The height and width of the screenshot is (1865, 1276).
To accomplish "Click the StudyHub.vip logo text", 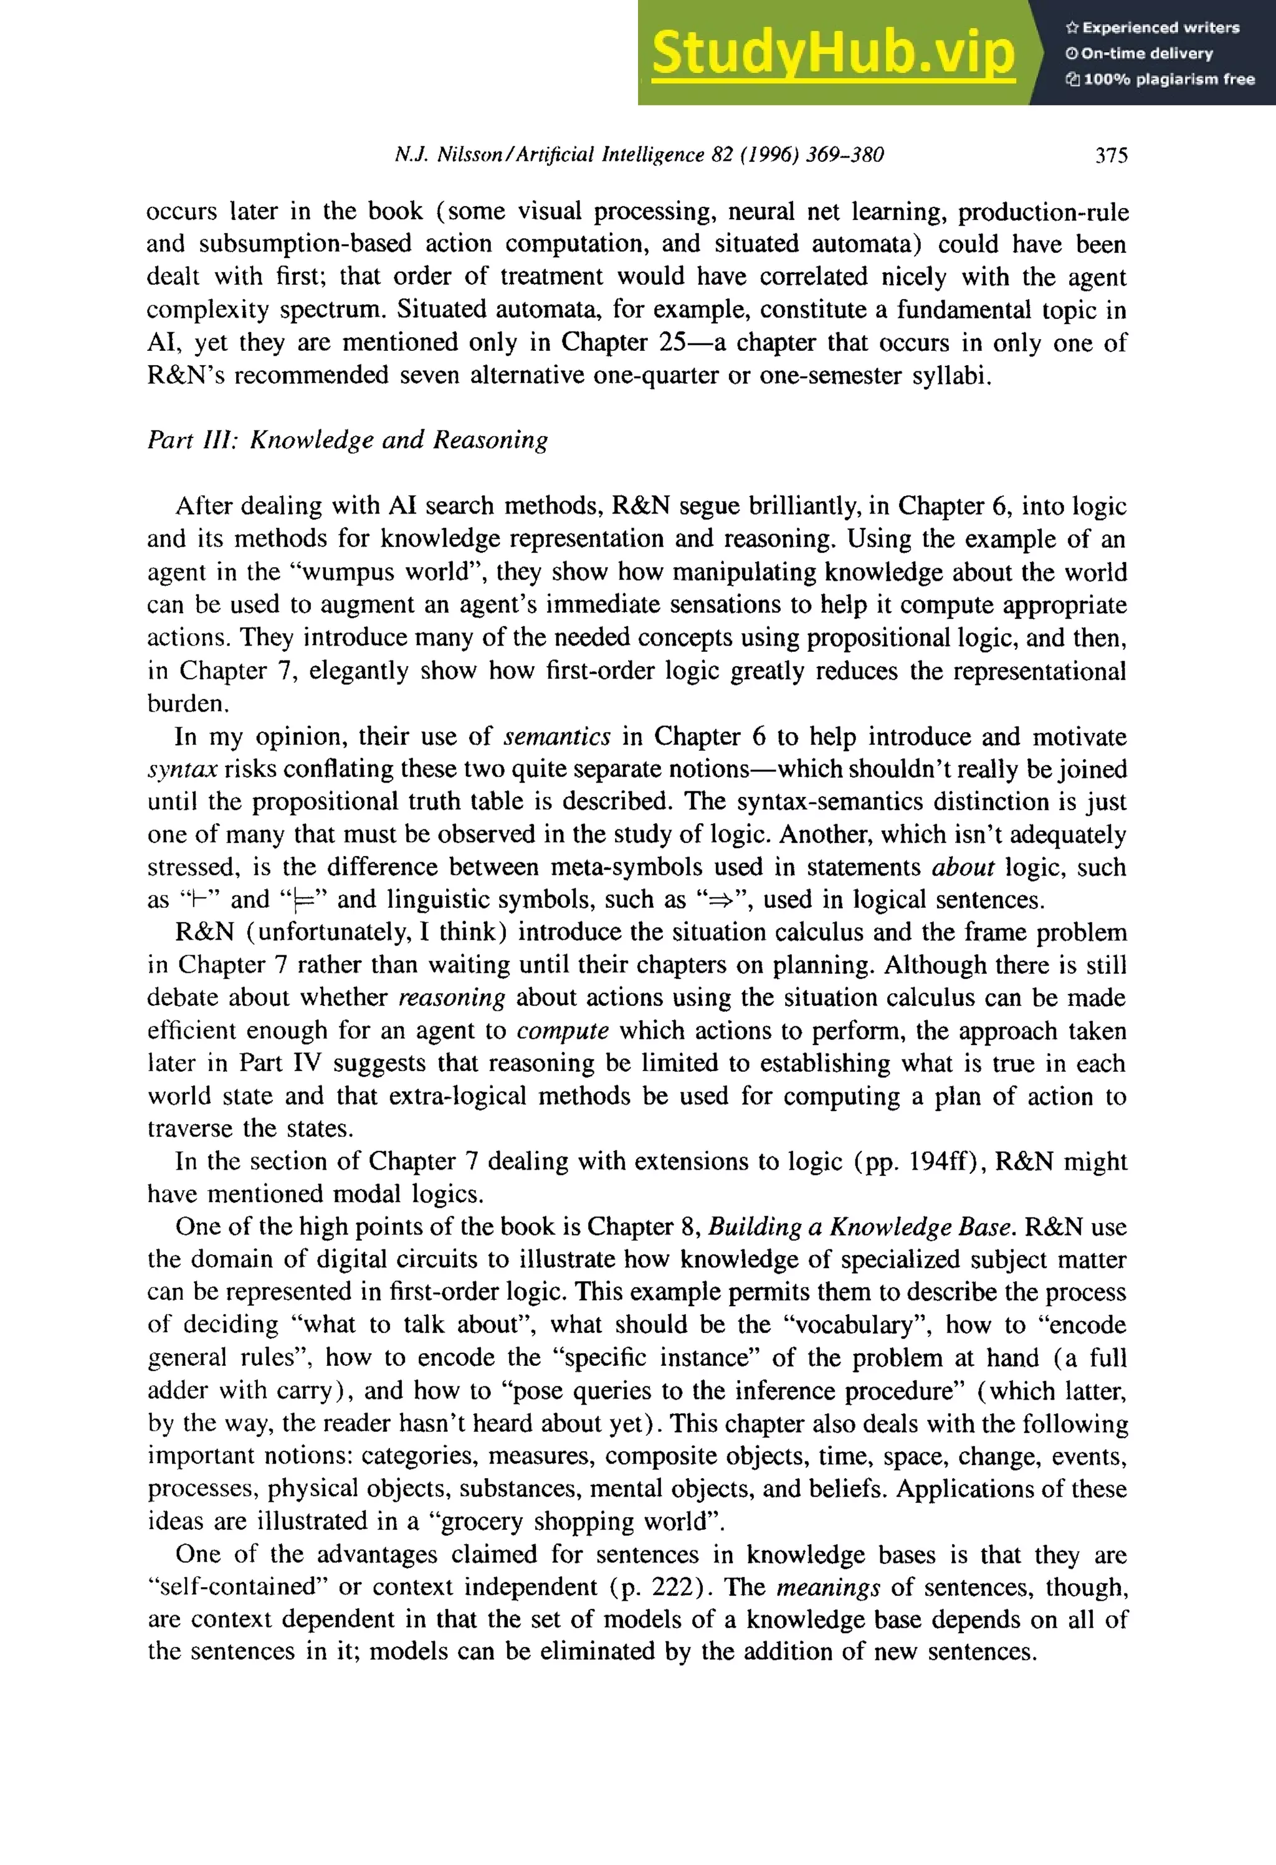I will [x=833, y=53].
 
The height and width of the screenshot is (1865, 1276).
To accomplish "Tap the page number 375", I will [x=1112, y=155].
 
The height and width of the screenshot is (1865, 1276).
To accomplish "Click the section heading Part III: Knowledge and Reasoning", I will [x=348, y=440].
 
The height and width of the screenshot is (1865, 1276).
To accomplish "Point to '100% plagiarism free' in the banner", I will [x=1168, y=79].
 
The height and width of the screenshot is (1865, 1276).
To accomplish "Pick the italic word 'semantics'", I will [x=557, y=736].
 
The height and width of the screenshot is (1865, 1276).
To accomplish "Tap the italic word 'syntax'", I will [x=182, y=769].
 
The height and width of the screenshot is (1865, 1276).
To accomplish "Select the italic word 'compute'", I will [x=563, y=1031].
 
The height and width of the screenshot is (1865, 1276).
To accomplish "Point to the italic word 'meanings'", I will [x=828, y=1586].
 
